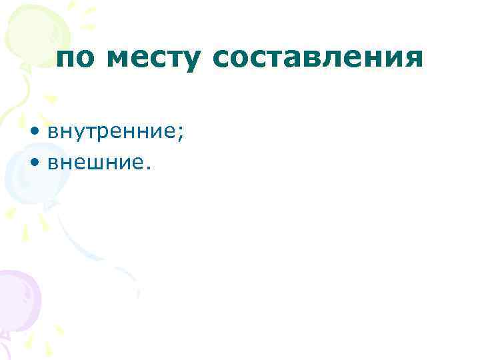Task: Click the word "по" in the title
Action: [75, 60]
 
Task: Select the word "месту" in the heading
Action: [153, 60]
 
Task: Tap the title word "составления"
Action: [318, 60]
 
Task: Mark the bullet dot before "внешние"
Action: [35, 162]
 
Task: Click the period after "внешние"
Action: [149, 166]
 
